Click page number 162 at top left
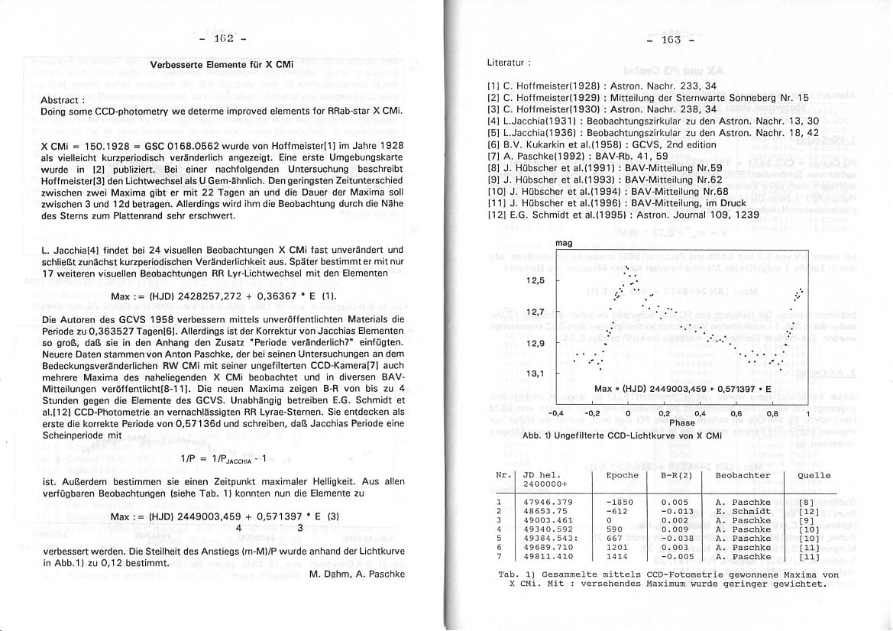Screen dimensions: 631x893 click(222, 38)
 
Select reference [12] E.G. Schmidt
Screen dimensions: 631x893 click(622, 215)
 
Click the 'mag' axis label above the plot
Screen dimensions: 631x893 click(565, 243)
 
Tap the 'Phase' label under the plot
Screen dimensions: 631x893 click(682, 422)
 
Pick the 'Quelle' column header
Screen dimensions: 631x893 click(814, 475)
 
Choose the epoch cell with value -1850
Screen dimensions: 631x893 click(618, 502)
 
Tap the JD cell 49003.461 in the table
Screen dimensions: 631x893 click(548, 520)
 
